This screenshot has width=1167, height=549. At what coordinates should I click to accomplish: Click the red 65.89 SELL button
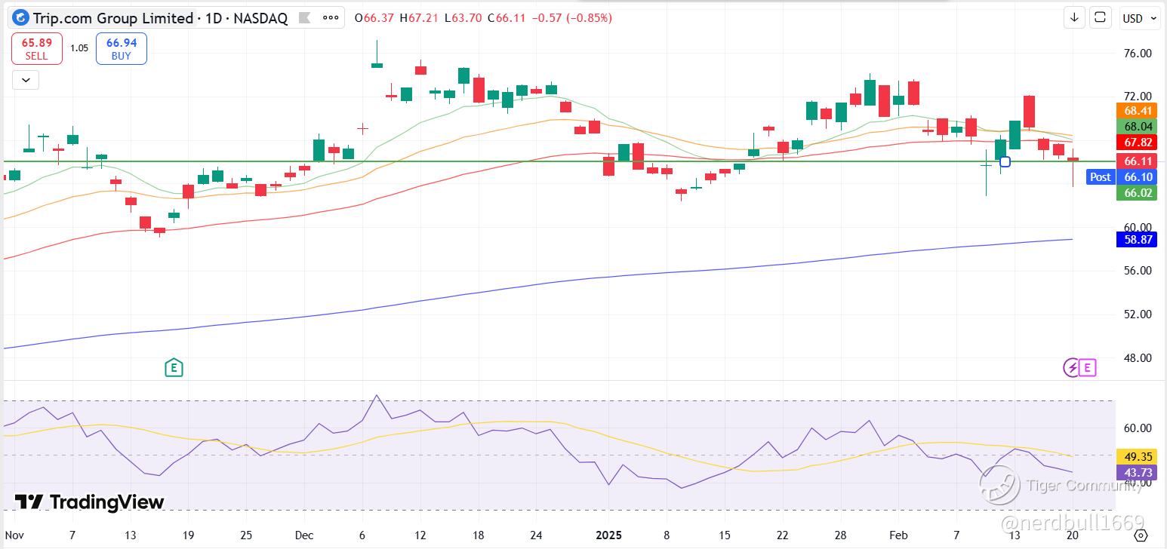pyautogui.click(x=37, y=48)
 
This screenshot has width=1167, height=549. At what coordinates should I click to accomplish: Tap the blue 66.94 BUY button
pyautogui.click(x=122, y=48)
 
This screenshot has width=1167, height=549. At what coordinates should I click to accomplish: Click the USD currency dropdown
pyautogui.click(x=1139, y=18)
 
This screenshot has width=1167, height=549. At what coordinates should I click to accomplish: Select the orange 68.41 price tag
pyautogui.click(x=1137, y=110)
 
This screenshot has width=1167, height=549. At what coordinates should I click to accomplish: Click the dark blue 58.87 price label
pyautogui.click(x=1137, y=239)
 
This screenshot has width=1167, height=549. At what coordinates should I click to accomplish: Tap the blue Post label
pyautogui.click(x=1101, y=177)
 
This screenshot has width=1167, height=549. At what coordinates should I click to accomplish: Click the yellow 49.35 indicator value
pyautogui.click(x=1137, y=456)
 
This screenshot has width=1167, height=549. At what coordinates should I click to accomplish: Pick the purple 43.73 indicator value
pyautogui.click(x=1137, y=473)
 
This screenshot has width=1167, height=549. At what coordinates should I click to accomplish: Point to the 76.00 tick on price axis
pyautogui.click(x=1138, y=53)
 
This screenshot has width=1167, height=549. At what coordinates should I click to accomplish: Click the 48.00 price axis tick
pyautogui.click(x=1138, y=358)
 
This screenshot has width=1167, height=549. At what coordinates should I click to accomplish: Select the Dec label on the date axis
pyautogui.click(x=303, y=535)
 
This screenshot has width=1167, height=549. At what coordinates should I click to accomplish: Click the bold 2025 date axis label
pyautogui.click(x=608, y=535)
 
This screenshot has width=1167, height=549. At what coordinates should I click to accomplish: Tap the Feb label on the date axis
pyautogui.click(x=898, y=535)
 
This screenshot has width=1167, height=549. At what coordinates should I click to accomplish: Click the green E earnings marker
pyautogui.click(x=174, y=368)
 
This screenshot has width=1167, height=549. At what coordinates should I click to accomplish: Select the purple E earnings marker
pyautogui.click(x=1088, y=368)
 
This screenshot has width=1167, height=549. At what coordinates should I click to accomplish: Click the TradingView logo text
pyautogui.click(x=89, y=502)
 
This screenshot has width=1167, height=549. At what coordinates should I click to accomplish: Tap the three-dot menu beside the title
pyautogui.click(x=331, y=17)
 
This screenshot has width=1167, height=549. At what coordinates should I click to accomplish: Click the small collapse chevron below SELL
pyautogui.click(x=26, y=80)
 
